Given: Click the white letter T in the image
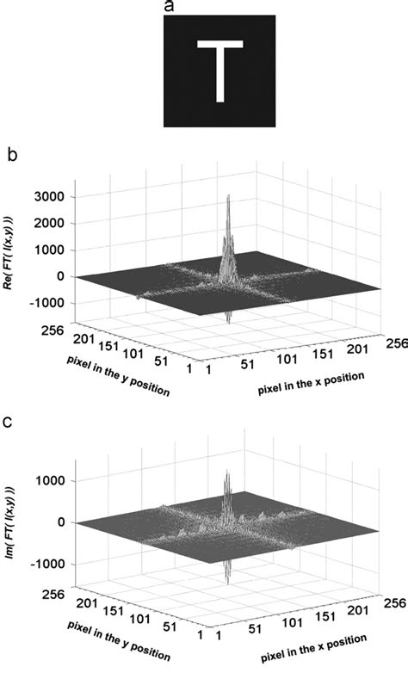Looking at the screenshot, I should coord(219,69).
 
